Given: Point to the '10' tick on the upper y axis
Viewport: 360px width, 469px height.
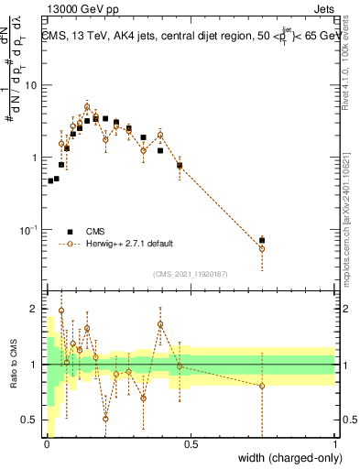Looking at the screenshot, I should [33, 85].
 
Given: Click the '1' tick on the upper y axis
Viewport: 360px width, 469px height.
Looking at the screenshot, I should [37, 158].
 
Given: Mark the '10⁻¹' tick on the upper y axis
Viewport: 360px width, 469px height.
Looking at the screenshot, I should [31, 229].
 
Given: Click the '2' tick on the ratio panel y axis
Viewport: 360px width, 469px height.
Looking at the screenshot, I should [37, 309].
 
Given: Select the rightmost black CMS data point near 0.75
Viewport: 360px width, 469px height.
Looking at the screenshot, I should [262, 240].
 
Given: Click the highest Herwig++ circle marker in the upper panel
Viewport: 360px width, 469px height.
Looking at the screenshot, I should [87, 106].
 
